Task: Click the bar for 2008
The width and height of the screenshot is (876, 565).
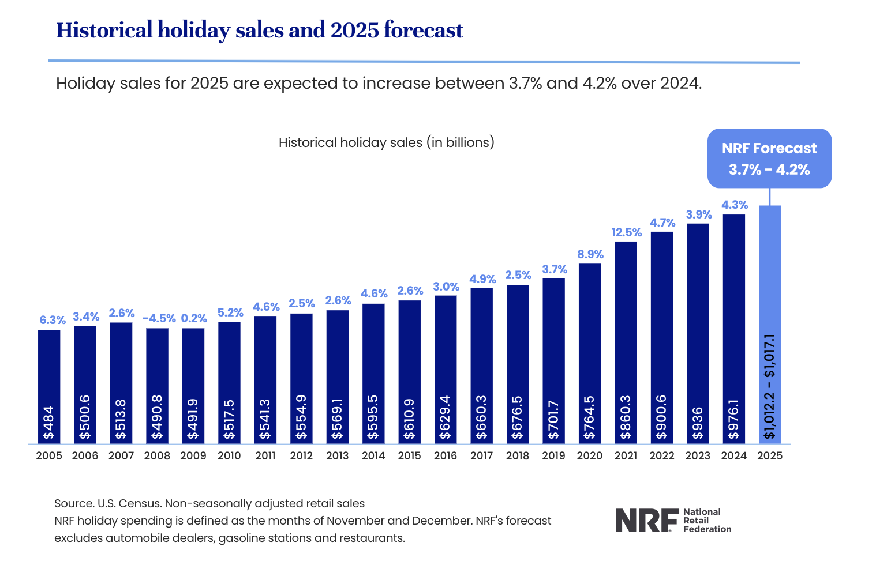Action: click(157, 369)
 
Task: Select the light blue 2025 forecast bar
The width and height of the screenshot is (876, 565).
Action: click(769, 277)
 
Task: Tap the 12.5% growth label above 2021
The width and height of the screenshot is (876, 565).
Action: click(626, 232)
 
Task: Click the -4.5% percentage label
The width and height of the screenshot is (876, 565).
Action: click(159, 318)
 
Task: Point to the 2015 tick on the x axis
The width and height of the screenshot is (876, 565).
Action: click(409, 455)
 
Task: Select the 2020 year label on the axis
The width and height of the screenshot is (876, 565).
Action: click(589, 455)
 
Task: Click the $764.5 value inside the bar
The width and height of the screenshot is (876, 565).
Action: click(589, 417)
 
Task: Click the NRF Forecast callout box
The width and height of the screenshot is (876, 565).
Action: click(769, 158)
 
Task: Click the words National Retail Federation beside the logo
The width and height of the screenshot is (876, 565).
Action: click(706, 520)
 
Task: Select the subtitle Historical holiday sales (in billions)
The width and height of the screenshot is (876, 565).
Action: click(386, 142)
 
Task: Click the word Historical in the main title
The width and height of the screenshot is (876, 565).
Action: click(104, 30)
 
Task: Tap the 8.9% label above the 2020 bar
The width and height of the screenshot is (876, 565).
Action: click(590, 254)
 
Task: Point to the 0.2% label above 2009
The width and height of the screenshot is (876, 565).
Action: click(194, 318)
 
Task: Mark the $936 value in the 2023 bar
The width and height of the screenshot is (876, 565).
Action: click(697, 423)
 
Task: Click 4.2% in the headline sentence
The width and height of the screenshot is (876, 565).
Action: click(599, 84)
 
